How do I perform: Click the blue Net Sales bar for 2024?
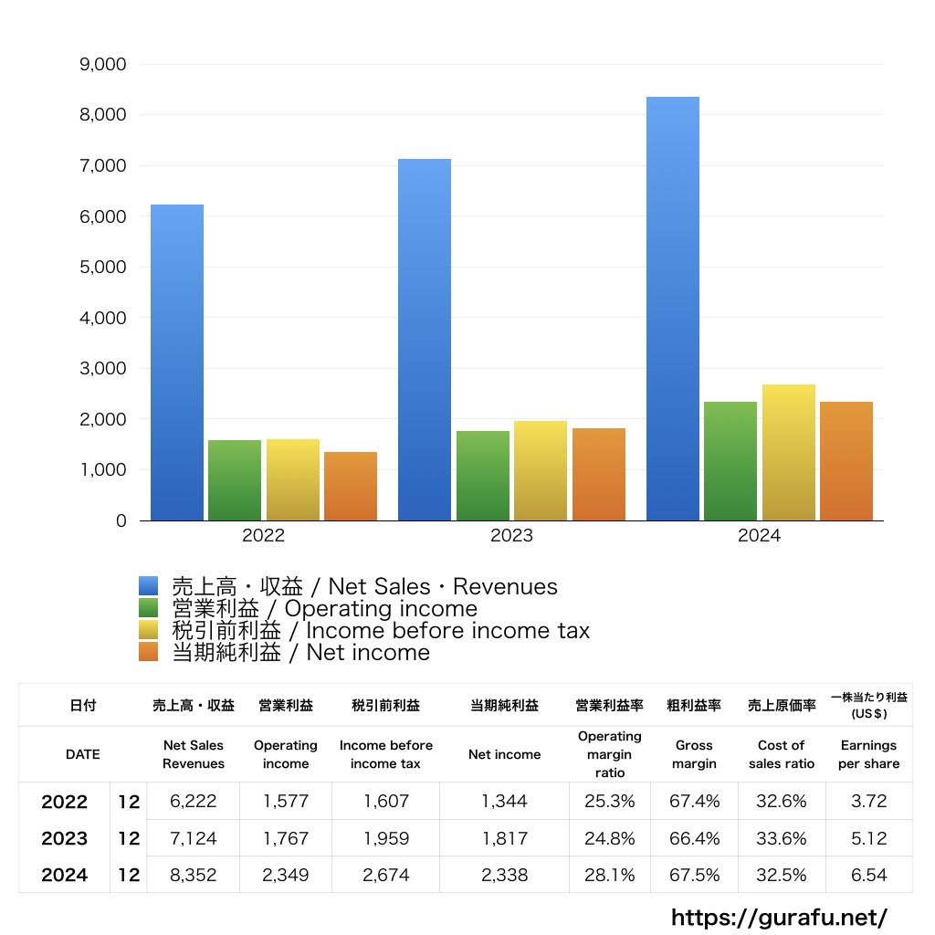(673, 309)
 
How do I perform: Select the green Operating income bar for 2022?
(235, 480)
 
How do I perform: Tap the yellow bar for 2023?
(541, 470)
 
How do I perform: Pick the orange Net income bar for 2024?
(846, 461)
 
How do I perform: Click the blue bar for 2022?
(177, 362)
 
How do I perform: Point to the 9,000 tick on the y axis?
(102, 64)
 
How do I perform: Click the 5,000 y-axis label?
(102, 267)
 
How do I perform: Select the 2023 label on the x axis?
(511, 535)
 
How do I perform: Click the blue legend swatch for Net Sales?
(149, 585)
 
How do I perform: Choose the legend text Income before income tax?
(447, 630)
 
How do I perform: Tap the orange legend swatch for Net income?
(149, 652)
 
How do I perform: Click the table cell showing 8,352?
(194, 875)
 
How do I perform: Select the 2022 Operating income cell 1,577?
(286, 801)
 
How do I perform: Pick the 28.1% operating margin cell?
(609, 875)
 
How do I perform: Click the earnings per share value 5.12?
(869, 838)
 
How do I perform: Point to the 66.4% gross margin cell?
(694, 838)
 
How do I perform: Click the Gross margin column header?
(694, 754)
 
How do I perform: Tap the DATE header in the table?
(83, 754)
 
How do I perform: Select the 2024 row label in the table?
(65, 875)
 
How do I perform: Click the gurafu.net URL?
(779, 917)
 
